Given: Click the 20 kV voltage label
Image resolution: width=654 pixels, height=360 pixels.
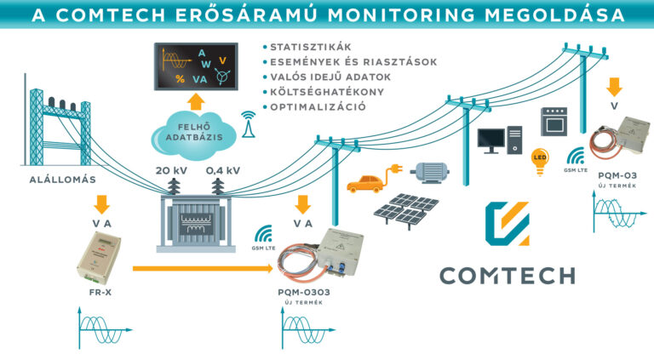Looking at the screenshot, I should [x=173, y=170].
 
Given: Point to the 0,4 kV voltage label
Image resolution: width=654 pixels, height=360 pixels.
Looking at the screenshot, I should [x=222, y=170].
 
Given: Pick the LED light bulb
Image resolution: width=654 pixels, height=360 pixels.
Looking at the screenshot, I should [x=538, y=161].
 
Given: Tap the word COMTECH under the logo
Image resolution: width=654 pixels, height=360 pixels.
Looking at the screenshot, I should [x=507, y=275].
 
